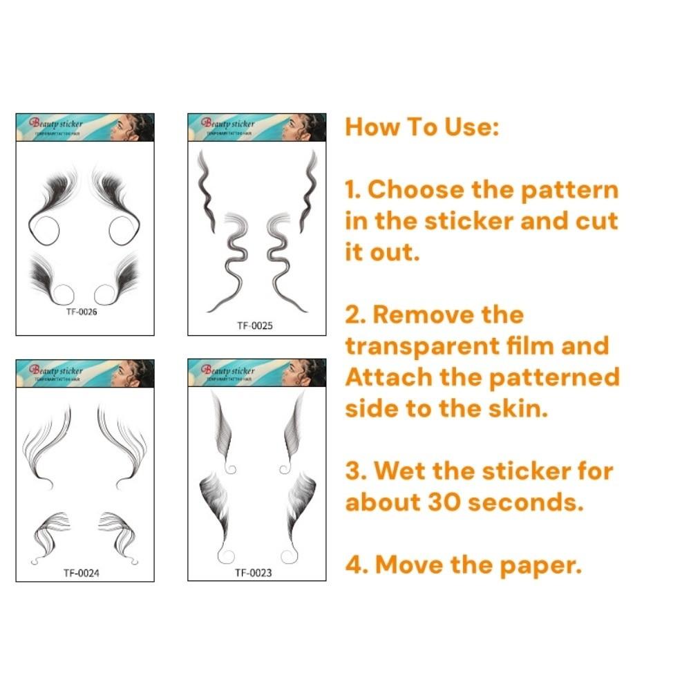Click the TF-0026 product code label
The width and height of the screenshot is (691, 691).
[81, 312]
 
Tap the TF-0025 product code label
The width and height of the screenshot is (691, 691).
[254, 325]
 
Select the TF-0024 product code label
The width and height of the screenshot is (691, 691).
[81, 572]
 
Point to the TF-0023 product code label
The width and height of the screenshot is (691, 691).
[253, 572]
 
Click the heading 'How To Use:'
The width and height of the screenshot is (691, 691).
[422, 127]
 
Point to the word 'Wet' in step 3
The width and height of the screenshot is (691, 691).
[404, 471]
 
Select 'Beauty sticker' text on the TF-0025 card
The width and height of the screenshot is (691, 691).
[228, 124]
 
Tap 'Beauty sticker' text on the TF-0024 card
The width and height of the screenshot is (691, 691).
[56, 370]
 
